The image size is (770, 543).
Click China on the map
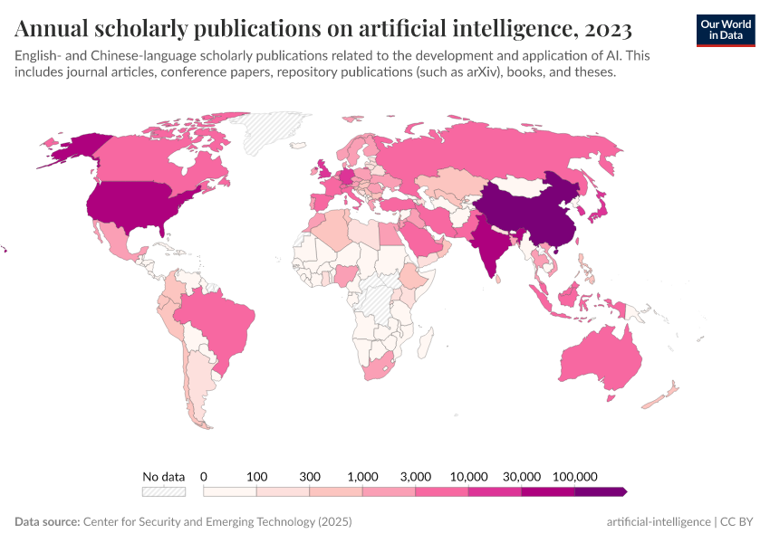click(530, 213)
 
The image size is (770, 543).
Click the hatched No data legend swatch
click(163, 491)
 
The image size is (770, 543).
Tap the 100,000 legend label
click(574, 476)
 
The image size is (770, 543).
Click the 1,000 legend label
click(362, 476)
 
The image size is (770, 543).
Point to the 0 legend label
click(204, 476)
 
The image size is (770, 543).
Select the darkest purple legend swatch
click(600, 491)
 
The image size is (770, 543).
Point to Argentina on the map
click(201, 389)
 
